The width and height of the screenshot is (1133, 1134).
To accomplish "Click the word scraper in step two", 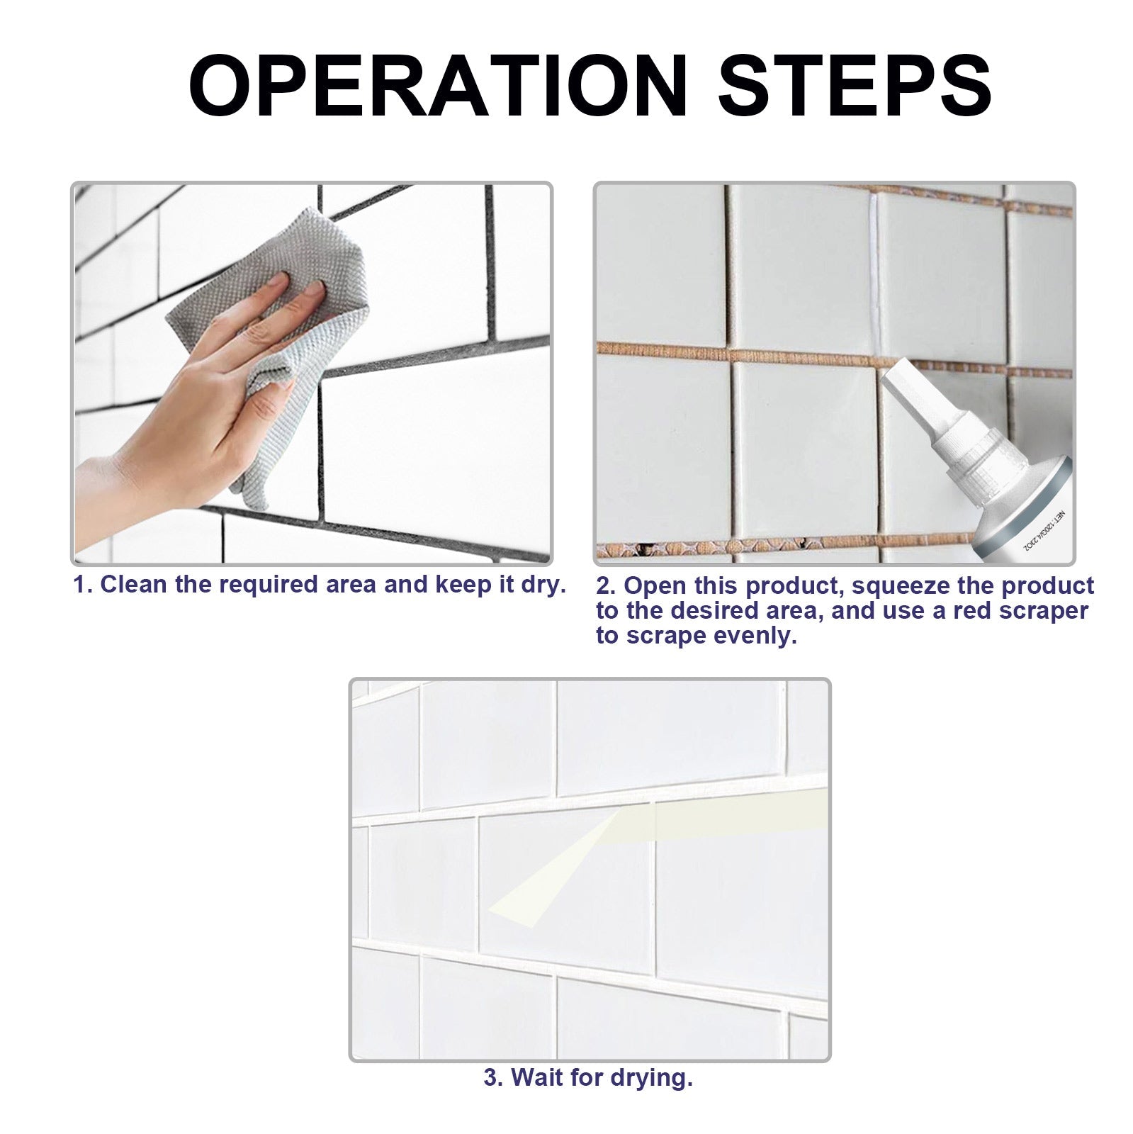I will pos(1045,611).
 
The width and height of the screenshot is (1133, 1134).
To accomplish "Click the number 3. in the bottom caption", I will pos(493,1078).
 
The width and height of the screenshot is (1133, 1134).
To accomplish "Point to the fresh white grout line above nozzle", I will pos(874,269).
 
